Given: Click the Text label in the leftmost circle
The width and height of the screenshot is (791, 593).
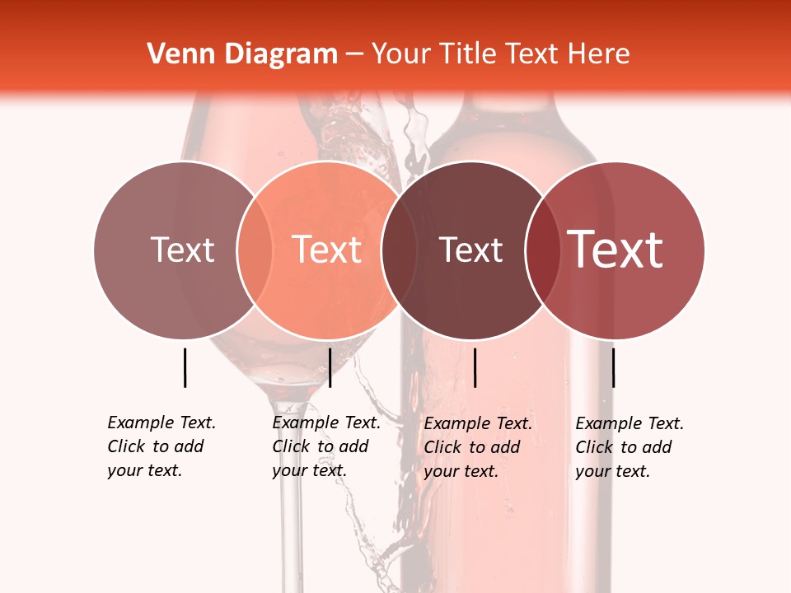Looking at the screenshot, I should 182,250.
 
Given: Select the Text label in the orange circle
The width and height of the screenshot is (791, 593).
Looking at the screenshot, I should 327,250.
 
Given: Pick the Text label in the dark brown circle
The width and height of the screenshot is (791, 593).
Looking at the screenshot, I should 470,250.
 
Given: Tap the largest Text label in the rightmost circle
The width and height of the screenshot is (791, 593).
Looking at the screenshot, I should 615,250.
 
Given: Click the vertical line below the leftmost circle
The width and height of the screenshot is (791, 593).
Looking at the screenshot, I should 185,367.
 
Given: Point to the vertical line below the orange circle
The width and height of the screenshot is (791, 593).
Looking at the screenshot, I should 330,367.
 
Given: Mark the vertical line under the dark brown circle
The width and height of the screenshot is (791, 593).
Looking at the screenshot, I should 475,367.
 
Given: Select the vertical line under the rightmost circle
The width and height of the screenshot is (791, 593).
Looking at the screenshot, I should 613,367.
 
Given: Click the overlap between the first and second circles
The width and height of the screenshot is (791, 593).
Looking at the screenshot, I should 255,250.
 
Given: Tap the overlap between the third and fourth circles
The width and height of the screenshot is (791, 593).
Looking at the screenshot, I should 541,250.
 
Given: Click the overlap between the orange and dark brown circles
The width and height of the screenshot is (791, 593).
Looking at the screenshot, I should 398,250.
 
